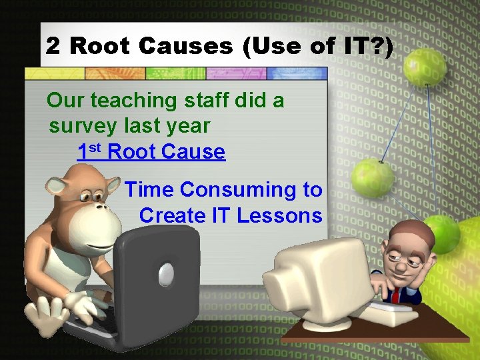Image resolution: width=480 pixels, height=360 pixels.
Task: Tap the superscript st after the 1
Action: click(x=95, y=147)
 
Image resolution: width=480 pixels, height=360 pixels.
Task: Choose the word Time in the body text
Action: click(x=149, y=190)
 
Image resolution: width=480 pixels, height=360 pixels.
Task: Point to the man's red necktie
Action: click(x=395, y=294)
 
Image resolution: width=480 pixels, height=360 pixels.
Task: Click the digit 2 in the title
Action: click(x=52, y=46)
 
